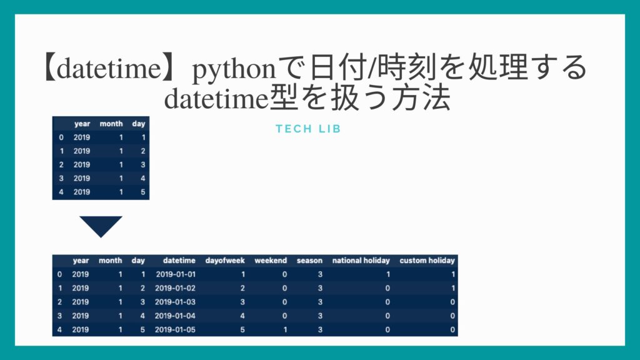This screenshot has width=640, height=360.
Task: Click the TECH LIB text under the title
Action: click(x=308, y=129)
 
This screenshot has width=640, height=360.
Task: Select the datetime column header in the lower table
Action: click(x=179, y=260)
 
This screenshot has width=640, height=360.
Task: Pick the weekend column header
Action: click(x=271, y=260)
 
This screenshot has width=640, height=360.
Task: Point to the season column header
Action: click(x=309, y=260)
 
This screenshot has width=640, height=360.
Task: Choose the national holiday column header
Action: click(x=361, y=260)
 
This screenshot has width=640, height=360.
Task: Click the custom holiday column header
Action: click(x=427, y=260)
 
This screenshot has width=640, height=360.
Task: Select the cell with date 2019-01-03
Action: click(x=175, y=301)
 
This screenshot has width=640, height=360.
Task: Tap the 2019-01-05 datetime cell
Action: click(x=175, y=329)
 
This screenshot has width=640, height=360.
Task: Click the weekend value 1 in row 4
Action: click(x=284, y=329)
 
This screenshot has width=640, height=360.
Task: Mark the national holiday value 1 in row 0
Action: click(x=387, y=274)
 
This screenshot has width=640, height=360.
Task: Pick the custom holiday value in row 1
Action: click(x=452, y=287)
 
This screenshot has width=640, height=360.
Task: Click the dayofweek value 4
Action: click(x=242, y=316)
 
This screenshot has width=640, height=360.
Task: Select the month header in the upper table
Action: click(x=111, y=124)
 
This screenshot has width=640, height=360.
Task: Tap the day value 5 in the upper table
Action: click(x=143, y=192)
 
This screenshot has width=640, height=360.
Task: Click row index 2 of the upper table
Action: click(x=61, y=164)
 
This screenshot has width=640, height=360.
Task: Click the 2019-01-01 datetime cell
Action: click(x=175, y=274)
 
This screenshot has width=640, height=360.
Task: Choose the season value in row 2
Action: click(x=320, y=301)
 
